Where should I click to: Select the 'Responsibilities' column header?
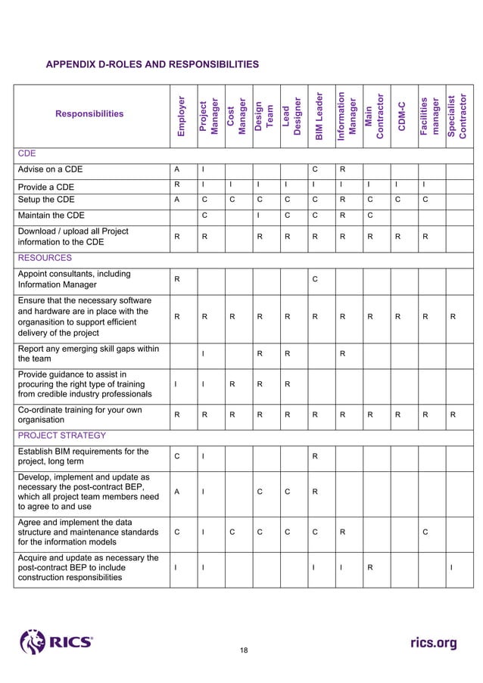click(x=89, y=114)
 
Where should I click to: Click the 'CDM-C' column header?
click(x=403, y=116)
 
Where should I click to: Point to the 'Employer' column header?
click(x=181, y=116)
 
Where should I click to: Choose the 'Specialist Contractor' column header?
click(x=458, y=116)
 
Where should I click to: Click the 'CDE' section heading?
click(x=27, y=154)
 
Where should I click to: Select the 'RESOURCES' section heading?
click(x=45, y=258)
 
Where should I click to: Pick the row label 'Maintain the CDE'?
click(x=54, y=216)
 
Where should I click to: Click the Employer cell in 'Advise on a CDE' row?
click(x=176, y=170)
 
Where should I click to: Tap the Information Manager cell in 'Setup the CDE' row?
click(x=343, y=200)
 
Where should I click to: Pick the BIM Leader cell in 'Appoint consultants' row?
click(x=315, y=280)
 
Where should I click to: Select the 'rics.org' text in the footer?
click(x=433, y=643)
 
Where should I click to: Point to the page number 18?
click(x=244, y=650)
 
